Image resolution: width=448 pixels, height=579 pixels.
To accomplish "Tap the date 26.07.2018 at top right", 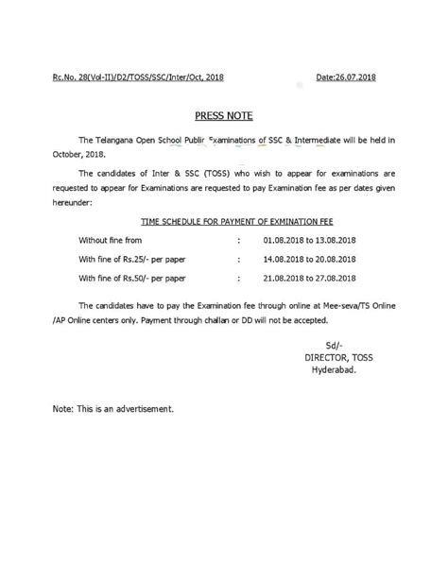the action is click(352, 76).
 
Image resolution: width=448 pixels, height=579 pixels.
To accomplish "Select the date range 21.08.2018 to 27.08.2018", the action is click(310, 278).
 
